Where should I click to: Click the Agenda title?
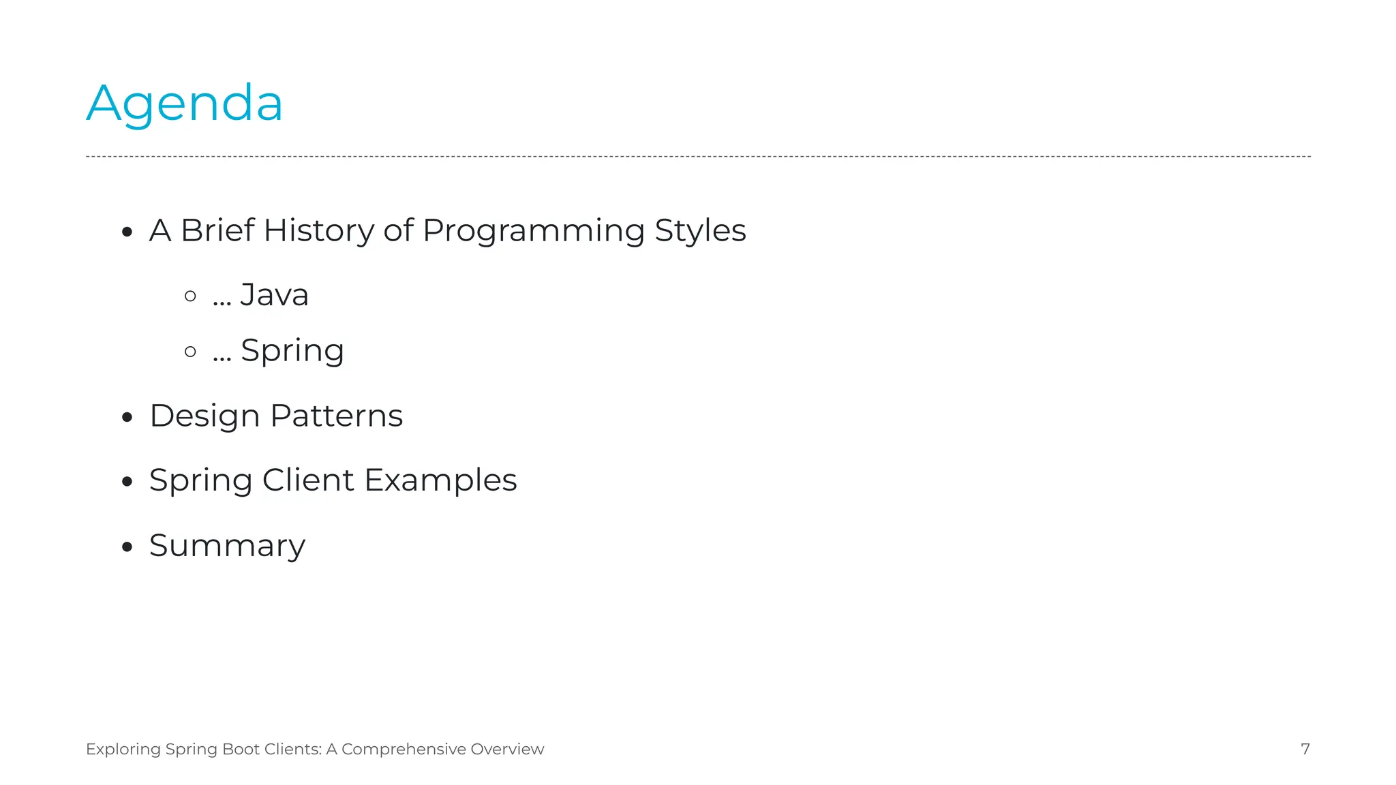click(x=184, y=104)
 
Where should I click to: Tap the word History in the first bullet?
click(x=318, y=230)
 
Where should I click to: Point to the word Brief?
click(x=217, y=230)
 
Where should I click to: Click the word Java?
click(x=274, y=296)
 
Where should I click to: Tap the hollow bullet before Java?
click(x=191, y=296)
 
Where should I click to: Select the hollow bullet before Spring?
click(x=191, y=352)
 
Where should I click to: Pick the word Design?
click(x=204, y=416)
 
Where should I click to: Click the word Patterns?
click(x=337, y=416)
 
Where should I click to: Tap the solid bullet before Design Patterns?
click(x=127, y=417)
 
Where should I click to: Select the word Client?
click(x=308, y=480)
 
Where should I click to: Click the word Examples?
click(x=440, y=481)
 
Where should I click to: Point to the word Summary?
click(x=227, y=546)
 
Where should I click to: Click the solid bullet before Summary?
click(x=127, y=547)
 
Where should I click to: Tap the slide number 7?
click(x=1305, y=749)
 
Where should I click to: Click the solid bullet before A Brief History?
click(x=127, y=232)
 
